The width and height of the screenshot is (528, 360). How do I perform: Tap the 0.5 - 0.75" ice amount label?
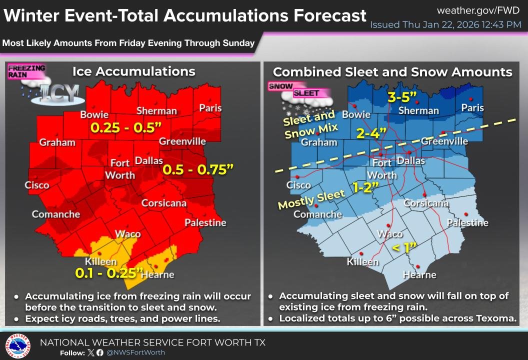pos(198,170)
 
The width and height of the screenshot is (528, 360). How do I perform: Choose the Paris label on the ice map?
pos(210,108)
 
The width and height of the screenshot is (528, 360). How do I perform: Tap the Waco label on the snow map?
pos(390,234)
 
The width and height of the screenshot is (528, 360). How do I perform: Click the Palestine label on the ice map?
pos(205,222)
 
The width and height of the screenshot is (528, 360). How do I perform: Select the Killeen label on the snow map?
pos(362,262)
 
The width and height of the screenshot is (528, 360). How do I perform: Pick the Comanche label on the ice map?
pos(56,214)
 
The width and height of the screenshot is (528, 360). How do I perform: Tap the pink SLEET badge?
pos(306,93)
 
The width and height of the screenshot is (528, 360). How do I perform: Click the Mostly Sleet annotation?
pos(311,200)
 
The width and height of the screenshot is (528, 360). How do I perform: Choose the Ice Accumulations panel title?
pos(133,71)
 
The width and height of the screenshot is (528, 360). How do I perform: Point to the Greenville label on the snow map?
pos(445,141)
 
